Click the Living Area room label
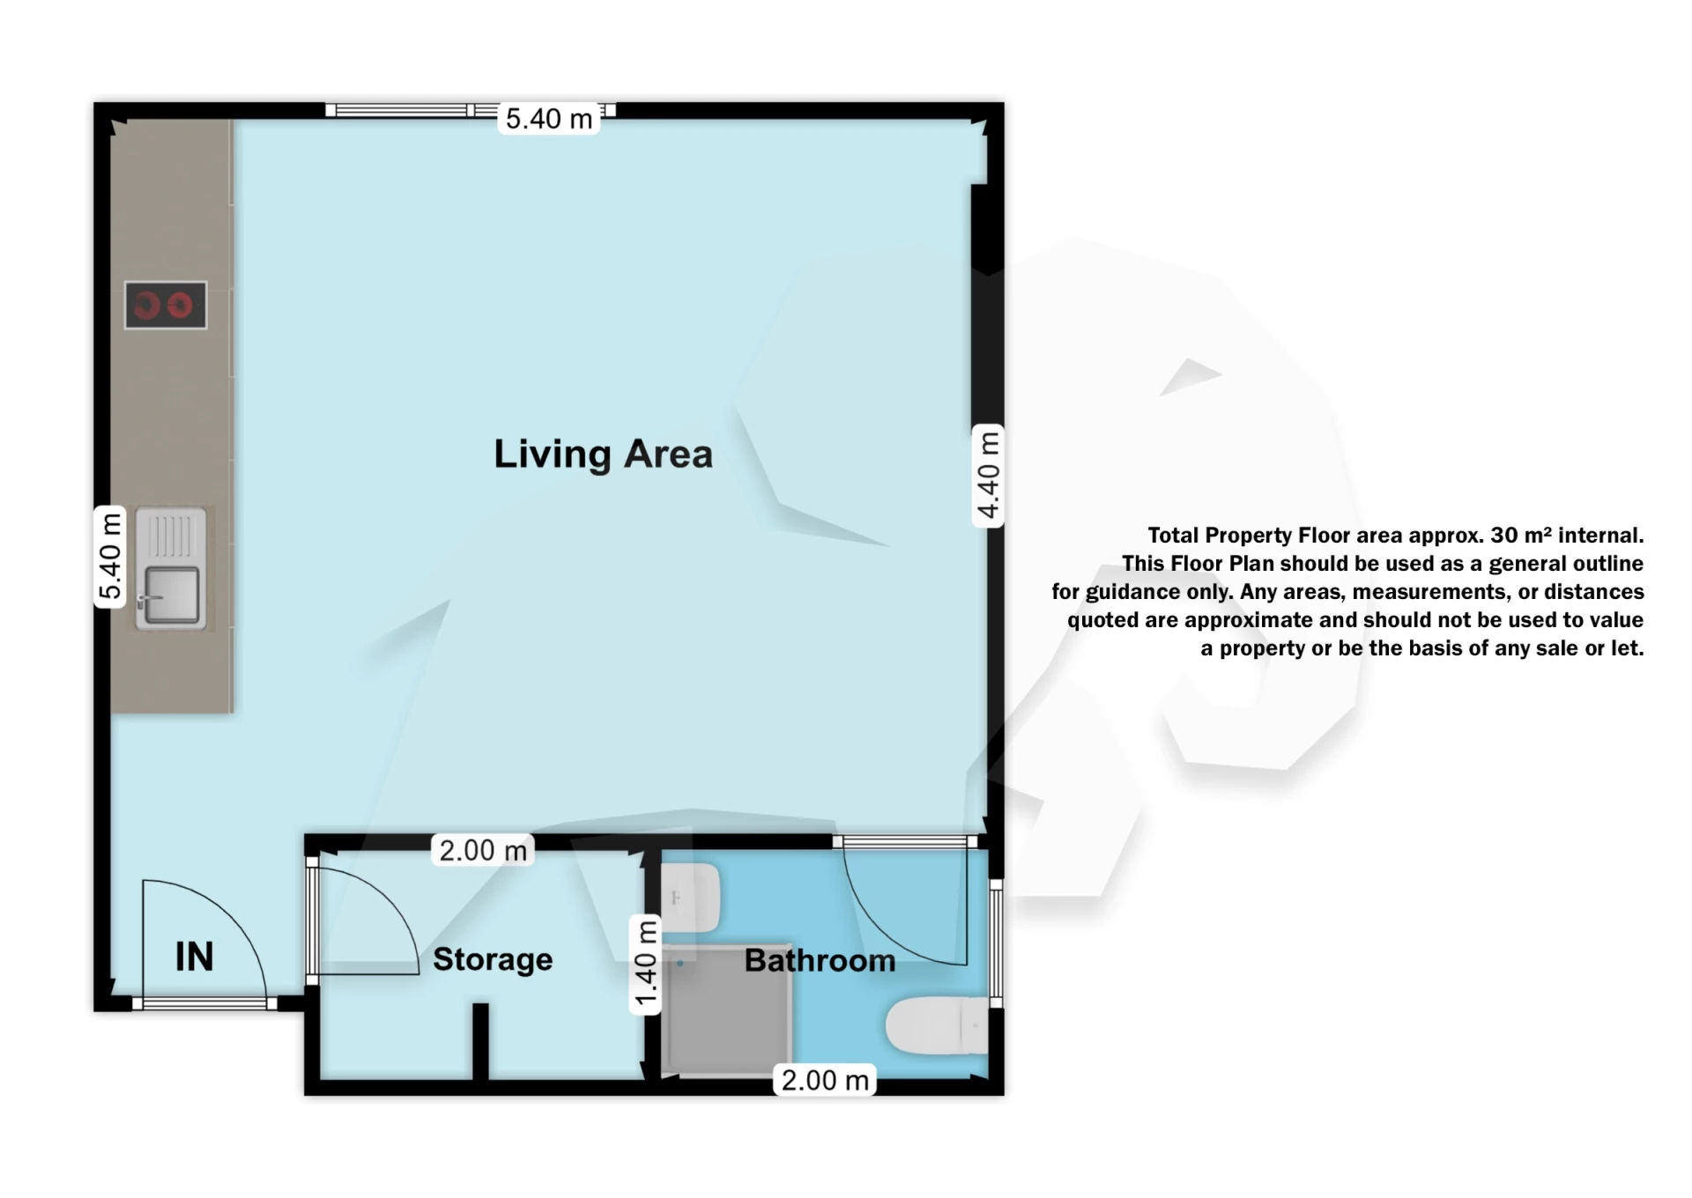pos(603,455)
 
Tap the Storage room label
pos(493,959)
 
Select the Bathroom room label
pos(820,960)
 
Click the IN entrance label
pos(194,957)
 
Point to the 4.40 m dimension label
pos(989,476)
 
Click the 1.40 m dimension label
pos(646,964)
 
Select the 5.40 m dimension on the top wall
pos(548,119)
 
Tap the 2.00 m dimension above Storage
pos(483,851)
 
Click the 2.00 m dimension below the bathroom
pos(825,1080)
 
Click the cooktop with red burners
pos(166,306)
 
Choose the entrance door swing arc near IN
pos(220,916)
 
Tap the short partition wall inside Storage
pos(480,1039)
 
